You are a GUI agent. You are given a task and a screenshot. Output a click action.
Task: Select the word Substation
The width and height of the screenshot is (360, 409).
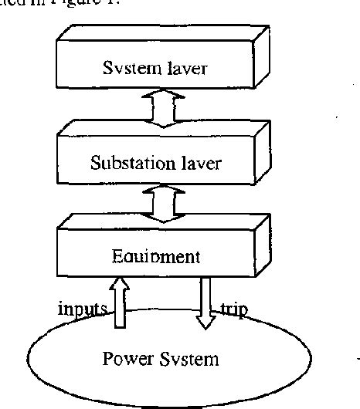pyautogui.click(x=127, y=163)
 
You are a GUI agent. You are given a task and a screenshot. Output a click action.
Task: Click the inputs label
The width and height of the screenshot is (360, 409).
pyautogui.click(x=83, y=309)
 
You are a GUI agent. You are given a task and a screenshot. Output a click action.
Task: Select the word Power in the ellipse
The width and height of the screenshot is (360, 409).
pyautogui.click(x=127, y=359)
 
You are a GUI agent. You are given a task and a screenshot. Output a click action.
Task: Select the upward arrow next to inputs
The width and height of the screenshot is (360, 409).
pyautogui.click(x=120, y=304)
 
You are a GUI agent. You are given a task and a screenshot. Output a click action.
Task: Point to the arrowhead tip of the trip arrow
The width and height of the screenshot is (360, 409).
pyautogui.click(x=205, y=328)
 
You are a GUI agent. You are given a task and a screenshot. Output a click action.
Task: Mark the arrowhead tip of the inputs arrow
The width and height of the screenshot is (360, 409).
pyautogui.click(x=120, y=282)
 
